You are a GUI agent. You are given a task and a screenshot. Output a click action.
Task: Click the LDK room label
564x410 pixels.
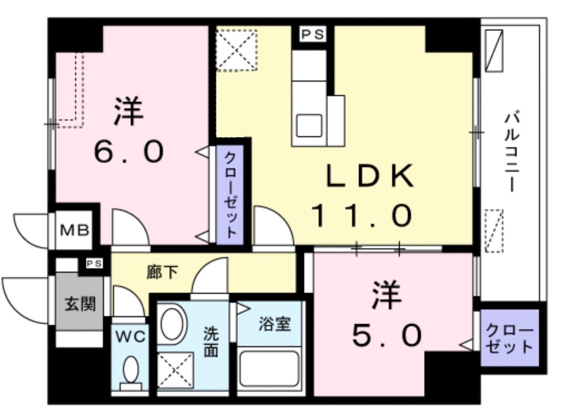point(369,177)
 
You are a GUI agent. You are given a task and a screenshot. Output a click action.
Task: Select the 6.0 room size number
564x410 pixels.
point(128,151)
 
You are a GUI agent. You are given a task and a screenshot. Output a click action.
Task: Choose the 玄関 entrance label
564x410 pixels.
point(80,303)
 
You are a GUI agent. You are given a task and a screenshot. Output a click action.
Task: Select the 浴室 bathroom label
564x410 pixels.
point(274,324)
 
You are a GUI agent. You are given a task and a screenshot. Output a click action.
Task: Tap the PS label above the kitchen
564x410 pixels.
point(313,34)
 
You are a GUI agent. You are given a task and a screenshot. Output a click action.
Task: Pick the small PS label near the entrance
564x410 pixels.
point(93,264)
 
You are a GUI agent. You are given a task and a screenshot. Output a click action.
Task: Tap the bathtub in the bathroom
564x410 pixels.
point(269,369)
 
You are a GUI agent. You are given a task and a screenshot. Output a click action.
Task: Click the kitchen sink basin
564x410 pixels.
point(309,125)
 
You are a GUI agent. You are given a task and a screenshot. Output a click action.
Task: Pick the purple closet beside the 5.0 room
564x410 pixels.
point(509,339)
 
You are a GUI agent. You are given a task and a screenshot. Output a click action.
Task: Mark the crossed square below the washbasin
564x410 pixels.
point(175,370)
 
